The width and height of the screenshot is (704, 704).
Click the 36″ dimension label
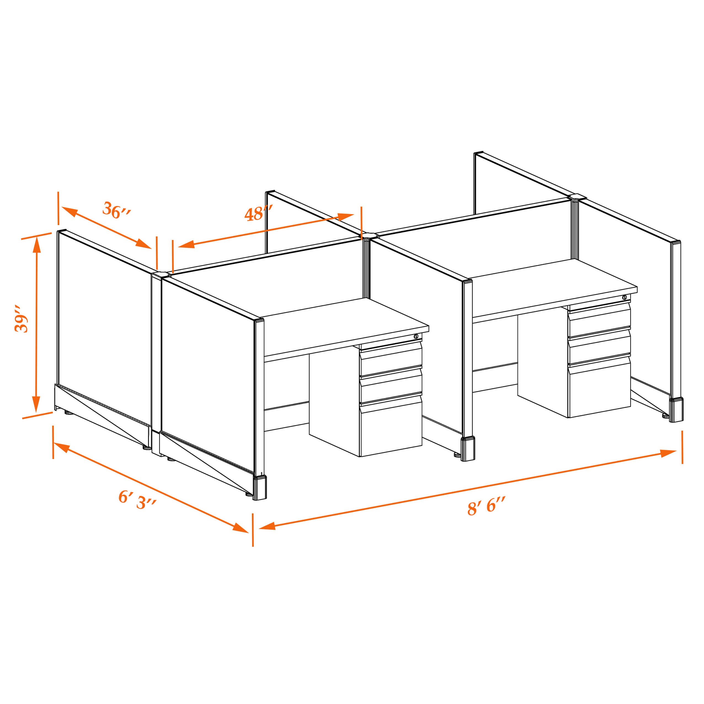pyautogui.click(x=116, y=210)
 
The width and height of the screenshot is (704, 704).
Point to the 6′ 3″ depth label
pyautogui.click(x=137, y=500)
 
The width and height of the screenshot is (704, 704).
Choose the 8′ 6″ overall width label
pyautogui.click(x=486, y=506)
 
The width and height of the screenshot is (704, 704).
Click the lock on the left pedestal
pyautogui.click(x=416, y=336)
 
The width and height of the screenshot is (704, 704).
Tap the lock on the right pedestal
pyautogui.click(x=624, y=297)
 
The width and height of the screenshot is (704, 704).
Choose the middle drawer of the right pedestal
pyautogui.click(x=599, y=346)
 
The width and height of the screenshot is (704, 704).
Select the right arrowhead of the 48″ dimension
pyautogui.click(x=346, y=217)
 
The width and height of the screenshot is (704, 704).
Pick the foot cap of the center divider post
pyautogui.click(x=468, y=449)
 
